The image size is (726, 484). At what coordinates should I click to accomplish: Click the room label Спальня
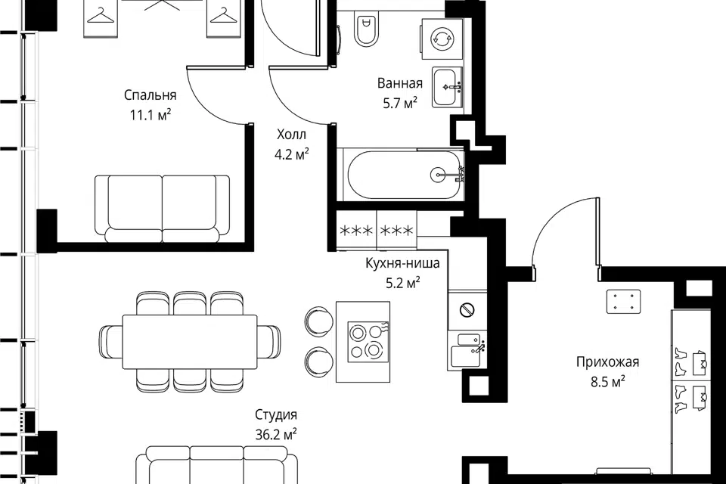(150, 95)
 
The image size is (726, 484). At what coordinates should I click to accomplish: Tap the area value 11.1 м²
(150, 115)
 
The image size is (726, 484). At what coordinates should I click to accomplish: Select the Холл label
(291, 135)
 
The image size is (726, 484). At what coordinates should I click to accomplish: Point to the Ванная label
(400, 83)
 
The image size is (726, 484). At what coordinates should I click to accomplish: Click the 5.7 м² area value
(400, 103)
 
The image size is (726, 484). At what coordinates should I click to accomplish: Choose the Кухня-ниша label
(402, 263)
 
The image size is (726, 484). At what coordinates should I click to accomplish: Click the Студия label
(276, 415)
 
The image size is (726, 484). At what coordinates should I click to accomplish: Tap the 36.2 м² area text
(276, 434)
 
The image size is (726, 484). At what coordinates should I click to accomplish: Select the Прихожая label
(607, 361)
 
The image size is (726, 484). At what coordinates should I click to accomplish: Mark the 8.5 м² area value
(607, 382)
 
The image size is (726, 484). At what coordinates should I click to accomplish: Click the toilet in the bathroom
(366, 28)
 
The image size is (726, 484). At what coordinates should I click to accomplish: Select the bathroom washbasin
(447, 87)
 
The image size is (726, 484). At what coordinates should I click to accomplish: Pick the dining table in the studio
(190, 343)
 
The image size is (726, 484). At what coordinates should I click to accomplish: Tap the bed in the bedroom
(162, 209)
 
